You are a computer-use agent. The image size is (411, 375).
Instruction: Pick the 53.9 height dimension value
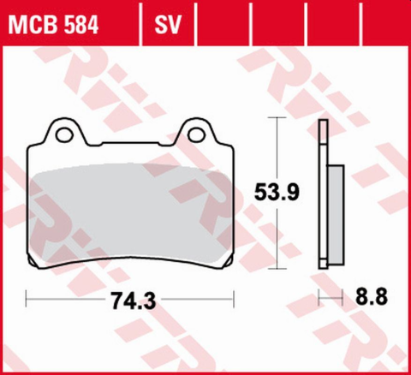(279, 193)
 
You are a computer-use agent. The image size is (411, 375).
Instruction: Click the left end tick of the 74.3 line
(27, 300)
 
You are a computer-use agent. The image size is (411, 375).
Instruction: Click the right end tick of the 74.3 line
(234, 300)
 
